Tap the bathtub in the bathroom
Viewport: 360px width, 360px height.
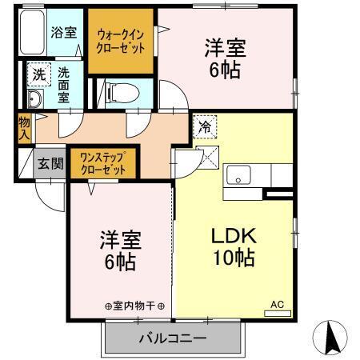click(x=34, y=36)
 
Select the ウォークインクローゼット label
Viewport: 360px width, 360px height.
click(x=122, y=41)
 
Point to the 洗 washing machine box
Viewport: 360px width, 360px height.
click(x=38, y=74)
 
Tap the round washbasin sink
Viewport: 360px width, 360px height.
click(x=35, y=99)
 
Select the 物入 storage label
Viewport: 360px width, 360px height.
click(x=24, y=129)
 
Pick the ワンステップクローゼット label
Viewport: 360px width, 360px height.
click(x=104, y=163)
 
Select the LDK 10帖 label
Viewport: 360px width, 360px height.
click(x=233, y=246)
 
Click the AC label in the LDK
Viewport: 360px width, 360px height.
click(x=277, y=304)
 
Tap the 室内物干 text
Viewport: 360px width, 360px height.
click(x=134, y=306)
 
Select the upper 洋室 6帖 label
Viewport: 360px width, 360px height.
click(x=225, y=58)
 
